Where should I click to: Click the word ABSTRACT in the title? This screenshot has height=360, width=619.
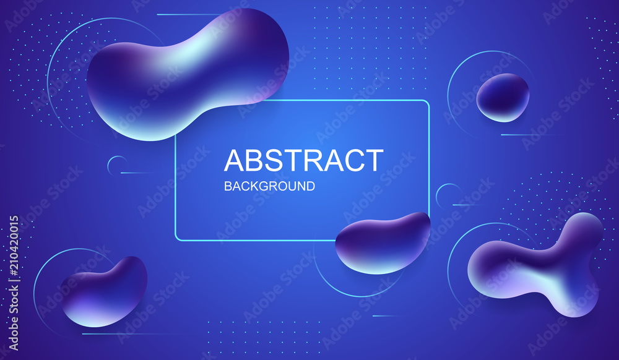click(x=303, y=160)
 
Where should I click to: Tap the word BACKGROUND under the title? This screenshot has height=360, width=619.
click(x=270, y=186)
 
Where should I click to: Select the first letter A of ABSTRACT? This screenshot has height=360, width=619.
click(x=235, y=160)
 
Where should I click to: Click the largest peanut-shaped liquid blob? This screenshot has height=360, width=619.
click(x=188, y=74)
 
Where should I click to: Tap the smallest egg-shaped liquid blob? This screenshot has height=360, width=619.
click(x=503, y=97)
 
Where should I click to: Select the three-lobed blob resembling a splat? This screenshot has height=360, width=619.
click(x=535, y=265)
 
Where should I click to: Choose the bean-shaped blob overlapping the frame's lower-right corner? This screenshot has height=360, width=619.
click(x=383, y=243)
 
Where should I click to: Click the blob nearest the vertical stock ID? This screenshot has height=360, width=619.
click(x=104, y=292)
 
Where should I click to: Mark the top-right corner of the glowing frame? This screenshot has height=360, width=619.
click(x=428, y=101)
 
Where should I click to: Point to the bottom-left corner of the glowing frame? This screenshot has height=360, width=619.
click(x=176, y=239)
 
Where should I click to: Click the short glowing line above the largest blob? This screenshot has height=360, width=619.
click(x=189, y=15)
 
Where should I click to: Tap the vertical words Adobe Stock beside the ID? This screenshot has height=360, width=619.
click(x=14, y=317)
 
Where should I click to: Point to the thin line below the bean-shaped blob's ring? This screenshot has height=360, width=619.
click(x=387, y=316)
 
